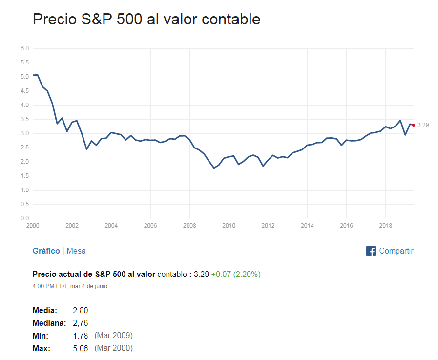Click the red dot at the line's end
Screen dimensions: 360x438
(x=414, y=125)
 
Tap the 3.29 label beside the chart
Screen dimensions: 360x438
(x=423, y=125)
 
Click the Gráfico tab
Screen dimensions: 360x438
(x=46, y=251)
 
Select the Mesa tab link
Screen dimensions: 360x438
(x=76, y=251)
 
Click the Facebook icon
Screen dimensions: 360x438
(x=371, y=251)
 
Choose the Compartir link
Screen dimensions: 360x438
(x=396, y=251)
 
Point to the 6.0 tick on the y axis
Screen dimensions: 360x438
(x=25, y=48)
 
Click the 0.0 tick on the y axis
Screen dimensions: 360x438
(x=25, y=218)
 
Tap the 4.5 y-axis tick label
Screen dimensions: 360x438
(x=25, y=91)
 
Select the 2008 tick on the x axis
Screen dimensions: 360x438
(x=189, y=226)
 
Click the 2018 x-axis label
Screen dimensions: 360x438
(x=385, y=226)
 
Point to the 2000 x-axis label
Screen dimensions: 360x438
(x=33, y=226)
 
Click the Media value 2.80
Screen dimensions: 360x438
(x=80, y=311)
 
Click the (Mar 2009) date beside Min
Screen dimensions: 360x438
(x=113, y=336)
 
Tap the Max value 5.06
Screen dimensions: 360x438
(x=80, y=348)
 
